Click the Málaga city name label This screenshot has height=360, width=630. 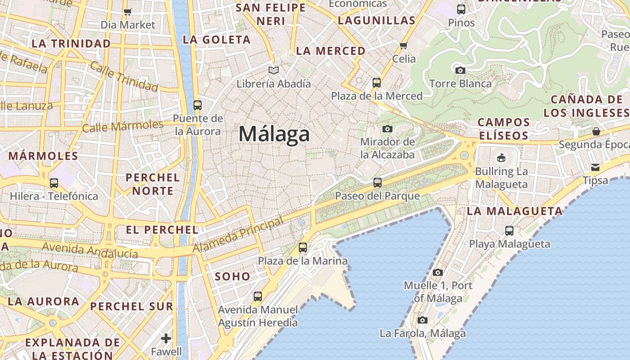[x=274, y=134]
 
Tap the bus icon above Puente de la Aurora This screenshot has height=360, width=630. [x=197, y=105]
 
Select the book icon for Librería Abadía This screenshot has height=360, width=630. [x=274, y=70]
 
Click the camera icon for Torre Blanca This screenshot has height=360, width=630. [x=460, y=70]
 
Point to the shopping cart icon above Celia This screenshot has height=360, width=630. [x=404, y=45]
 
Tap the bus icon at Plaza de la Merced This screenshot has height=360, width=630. [x=377, y=83]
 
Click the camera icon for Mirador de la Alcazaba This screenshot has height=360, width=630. [x=387, y=129]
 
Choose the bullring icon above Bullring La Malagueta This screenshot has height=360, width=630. [x=501, y=157]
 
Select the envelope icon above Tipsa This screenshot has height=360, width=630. [x=595, y=167]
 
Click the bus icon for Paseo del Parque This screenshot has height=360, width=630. [x=378, y=183]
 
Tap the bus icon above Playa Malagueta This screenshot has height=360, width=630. [x=509, y=231]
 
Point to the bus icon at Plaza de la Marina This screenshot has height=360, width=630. [x=303, y=247]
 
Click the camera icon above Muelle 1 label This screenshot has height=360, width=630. [x=438, y=272]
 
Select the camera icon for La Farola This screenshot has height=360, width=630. [x=422, y=320]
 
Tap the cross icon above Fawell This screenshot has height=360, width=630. [x=166, y=338]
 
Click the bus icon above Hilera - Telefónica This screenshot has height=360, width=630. [x=54, y=183]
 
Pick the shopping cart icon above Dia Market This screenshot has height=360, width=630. [x=128, y=12]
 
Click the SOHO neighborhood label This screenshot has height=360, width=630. [x=233, y=276]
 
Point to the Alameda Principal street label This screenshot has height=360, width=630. [x=238, y=234]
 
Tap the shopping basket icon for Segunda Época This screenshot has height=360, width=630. [x=596, y=131]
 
